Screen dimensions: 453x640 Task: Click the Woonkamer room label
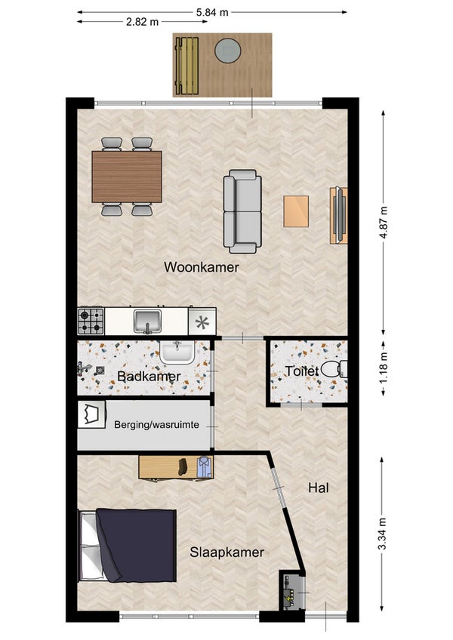tap(202, 267)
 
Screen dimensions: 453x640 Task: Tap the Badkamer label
tap(149, 377)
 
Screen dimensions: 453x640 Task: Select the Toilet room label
tap(302, 371)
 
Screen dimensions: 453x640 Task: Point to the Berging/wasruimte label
tap(156, 425)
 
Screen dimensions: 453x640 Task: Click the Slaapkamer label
tap(226, 552)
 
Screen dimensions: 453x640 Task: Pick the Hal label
tap(319, 488)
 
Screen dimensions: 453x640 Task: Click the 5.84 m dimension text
tap(212, 12)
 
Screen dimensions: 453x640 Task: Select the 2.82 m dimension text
tap(142, 22)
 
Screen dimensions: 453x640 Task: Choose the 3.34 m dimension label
tap(382, 534)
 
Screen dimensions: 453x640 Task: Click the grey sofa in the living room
tap(242, 211)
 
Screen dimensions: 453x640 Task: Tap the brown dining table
tap(127, 177)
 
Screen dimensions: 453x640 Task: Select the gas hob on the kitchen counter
tap(91, 322)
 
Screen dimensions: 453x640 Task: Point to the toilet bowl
tap(334, 369)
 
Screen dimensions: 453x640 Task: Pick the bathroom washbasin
tap(177, 352)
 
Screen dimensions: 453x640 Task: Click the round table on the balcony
tap(228, 51)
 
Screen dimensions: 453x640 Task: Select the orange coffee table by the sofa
tap(296, 211)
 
